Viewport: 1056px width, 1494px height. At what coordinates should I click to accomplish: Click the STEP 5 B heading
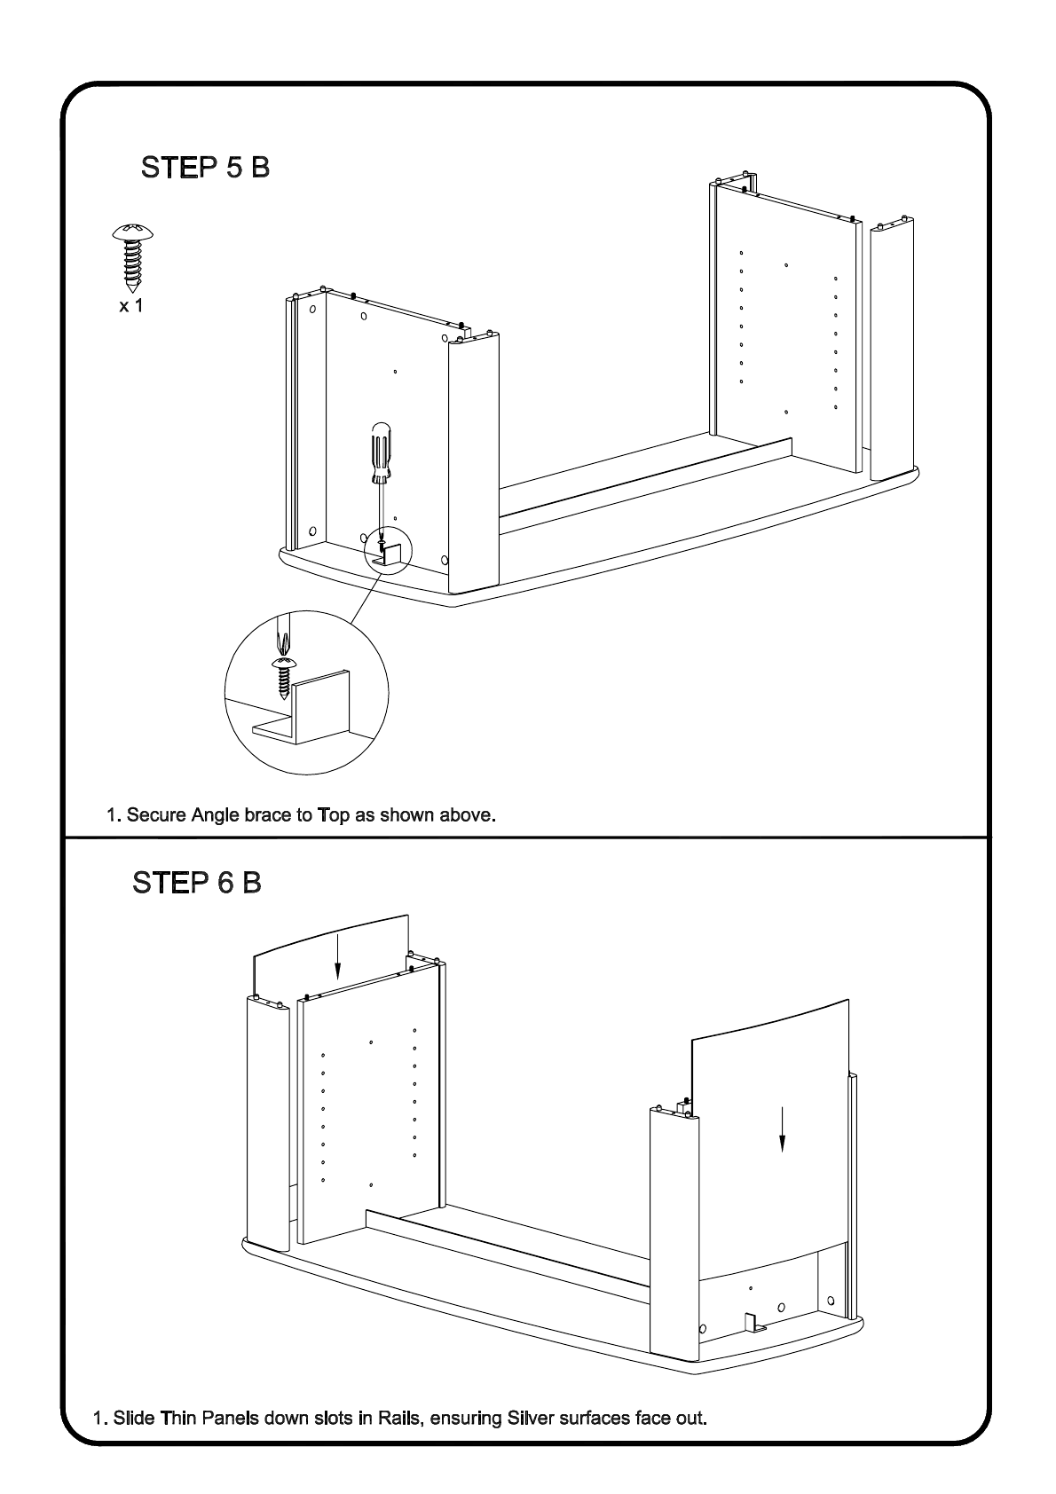[205, 167]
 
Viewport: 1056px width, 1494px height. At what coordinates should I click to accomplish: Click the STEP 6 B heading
[196, 883]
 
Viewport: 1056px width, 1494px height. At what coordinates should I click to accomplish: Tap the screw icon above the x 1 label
[133, 256]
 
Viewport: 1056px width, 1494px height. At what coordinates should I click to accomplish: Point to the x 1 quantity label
[131, 306]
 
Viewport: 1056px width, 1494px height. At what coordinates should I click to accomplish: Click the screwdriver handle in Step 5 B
[380, 452]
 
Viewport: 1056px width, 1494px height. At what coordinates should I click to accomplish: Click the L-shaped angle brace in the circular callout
[311, 710]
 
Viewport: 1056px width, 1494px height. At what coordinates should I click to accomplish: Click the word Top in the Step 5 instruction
[334, 814]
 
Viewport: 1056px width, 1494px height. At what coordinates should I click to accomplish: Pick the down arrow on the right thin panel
[782, 1128]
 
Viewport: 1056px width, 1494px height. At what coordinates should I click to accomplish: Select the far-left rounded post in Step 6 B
[266, 1118]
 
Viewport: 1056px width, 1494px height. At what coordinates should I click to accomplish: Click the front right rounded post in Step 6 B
[675, 1233]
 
